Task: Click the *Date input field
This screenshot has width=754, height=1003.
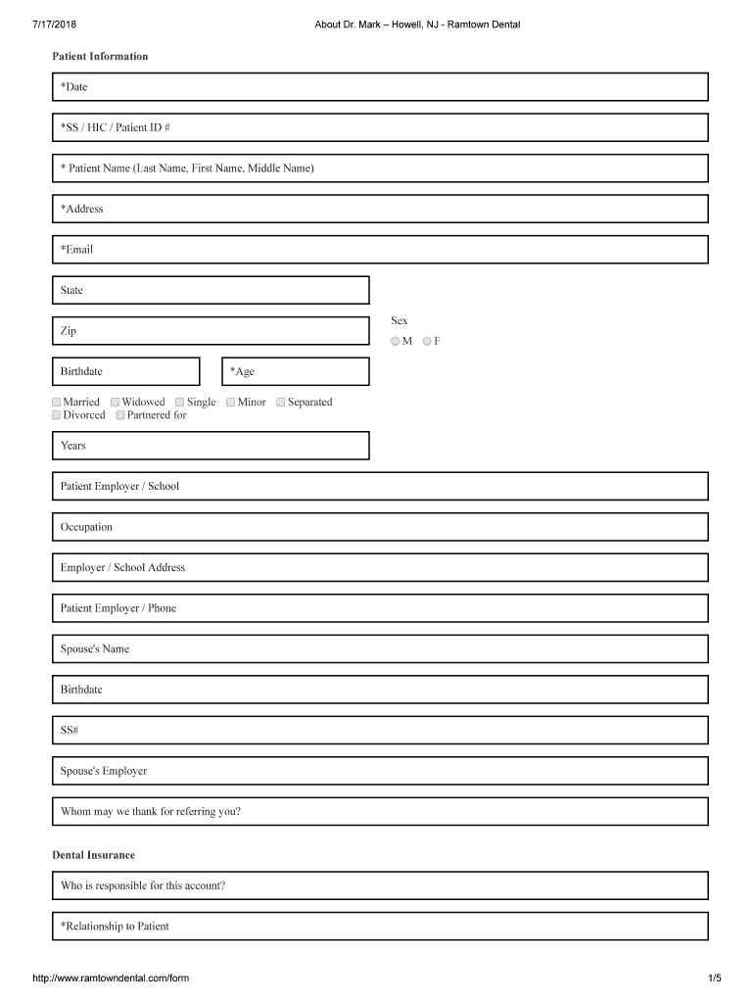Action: coord(379,87)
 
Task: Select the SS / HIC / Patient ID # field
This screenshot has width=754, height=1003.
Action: coord(379,127)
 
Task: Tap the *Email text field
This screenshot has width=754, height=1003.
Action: coord(379,250)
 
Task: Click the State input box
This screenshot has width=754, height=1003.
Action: coord(211,290)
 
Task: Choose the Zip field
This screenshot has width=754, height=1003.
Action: coord(211,331)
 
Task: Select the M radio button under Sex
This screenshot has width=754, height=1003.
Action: coord(395,341)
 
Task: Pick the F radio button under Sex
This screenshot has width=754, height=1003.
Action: coord(428,341)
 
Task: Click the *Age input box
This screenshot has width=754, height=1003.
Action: coord(296,371)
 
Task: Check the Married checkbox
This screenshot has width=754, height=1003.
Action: coord(57,402)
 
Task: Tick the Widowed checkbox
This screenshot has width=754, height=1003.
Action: coord(116,402)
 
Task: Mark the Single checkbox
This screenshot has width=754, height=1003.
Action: coord(180,402)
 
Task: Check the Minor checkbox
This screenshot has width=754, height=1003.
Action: coord(230,402)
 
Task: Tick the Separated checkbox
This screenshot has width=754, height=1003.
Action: coord(281,402)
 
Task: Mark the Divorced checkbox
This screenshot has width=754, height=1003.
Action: coord(57,415)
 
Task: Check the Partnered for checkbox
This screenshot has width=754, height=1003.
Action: coord(120,415)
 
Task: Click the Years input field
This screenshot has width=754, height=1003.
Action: coord(211,446)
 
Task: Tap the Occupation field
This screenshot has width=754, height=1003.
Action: coord(379,527)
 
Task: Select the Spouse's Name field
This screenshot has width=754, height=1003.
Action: coord(379,649)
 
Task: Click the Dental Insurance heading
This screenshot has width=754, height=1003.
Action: coord(94,855)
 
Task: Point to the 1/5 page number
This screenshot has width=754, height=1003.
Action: coord(714,978)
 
